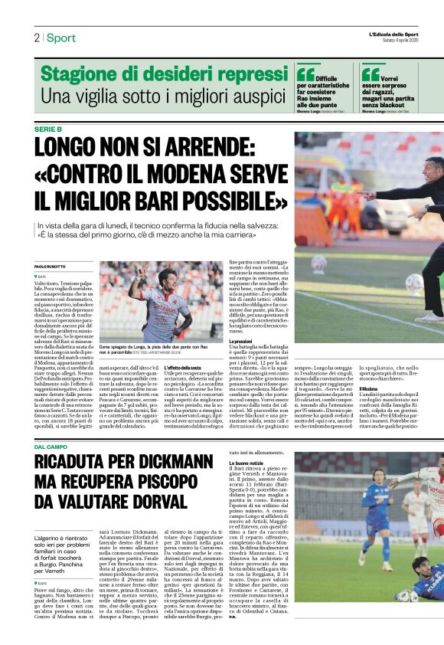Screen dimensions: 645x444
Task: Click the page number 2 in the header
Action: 36,38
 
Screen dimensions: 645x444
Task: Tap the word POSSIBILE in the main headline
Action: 224,201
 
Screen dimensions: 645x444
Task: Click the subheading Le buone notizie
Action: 247,463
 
